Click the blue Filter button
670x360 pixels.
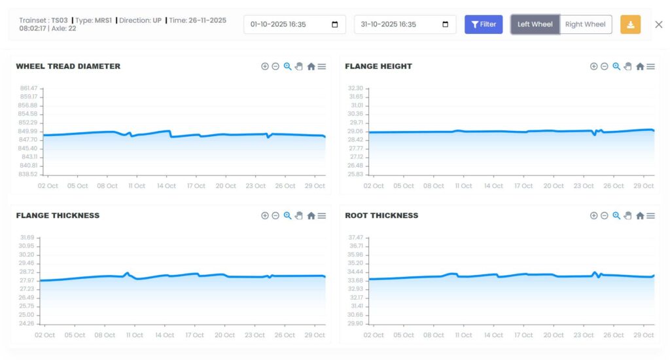coord(484,24)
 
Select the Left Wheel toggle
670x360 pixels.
coord(535,24)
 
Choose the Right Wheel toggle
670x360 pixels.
coord(586,24)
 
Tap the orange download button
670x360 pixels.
coord(630,24)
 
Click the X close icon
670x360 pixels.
coord(659,24)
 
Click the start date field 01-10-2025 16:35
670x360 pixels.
coord(288,24)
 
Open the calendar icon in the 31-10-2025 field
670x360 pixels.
coord(446,25)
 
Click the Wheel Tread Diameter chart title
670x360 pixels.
coord(68,66)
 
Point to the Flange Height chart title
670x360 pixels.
coord(378,66)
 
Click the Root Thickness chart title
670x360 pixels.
coord(381,215)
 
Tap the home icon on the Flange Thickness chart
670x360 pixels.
coord(311,215)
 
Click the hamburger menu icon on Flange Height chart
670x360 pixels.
coord(650,66)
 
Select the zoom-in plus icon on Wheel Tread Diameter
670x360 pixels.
coord(265,66)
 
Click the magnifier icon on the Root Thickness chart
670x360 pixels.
coord(616,215)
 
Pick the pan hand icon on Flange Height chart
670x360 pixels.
coord(627,66)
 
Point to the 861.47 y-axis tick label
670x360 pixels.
coord(29,88)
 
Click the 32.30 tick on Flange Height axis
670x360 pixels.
coord(355,88)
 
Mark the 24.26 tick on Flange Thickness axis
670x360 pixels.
coord(27,323)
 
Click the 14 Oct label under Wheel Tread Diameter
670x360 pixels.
coord(166,186)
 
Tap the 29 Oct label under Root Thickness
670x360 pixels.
coord(644,335)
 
